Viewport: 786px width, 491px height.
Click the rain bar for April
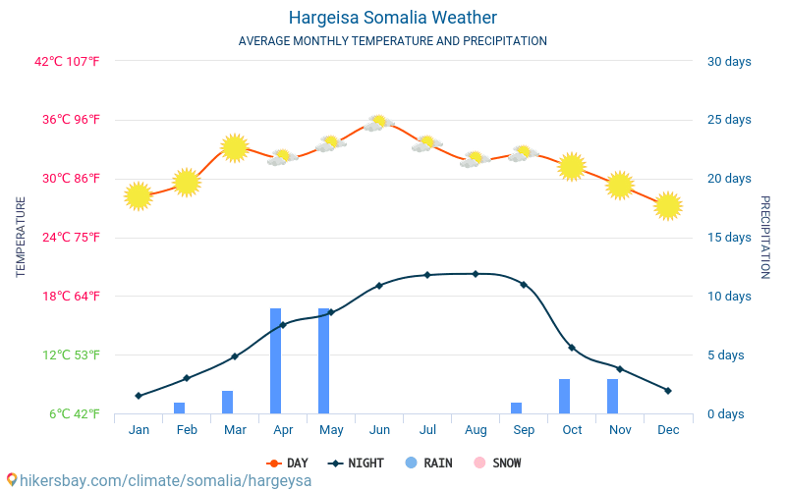tap(276, 360)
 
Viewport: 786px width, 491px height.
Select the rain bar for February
tap(180, 408)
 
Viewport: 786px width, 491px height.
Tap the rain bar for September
tap(517, 408)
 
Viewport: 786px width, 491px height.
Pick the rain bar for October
tap(564, 397)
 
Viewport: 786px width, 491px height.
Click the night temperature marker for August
tap(476, 274)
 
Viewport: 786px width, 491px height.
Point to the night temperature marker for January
tap(139, 396)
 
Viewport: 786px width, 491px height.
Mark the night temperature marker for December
tap(668, 390)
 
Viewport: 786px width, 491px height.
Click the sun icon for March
tap(235, 148)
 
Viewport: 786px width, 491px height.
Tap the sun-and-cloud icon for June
tap(379, 123)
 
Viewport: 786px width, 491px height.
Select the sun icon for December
tap(668, 206)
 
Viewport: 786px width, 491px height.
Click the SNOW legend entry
tap(497, 463)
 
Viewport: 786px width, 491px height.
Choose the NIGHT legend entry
tap(356, 463)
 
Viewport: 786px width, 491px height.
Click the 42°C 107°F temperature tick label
tap(67, 62)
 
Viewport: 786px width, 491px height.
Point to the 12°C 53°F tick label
tap(71, 355)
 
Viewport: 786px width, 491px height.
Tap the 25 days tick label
tap(729, 120)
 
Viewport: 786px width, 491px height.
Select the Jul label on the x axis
tap(427, 430)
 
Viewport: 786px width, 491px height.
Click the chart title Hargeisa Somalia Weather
tap(392, 18)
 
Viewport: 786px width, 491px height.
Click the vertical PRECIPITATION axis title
tap(765, 237)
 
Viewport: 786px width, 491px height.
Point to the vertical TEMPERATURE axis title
tap(21, 237)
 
